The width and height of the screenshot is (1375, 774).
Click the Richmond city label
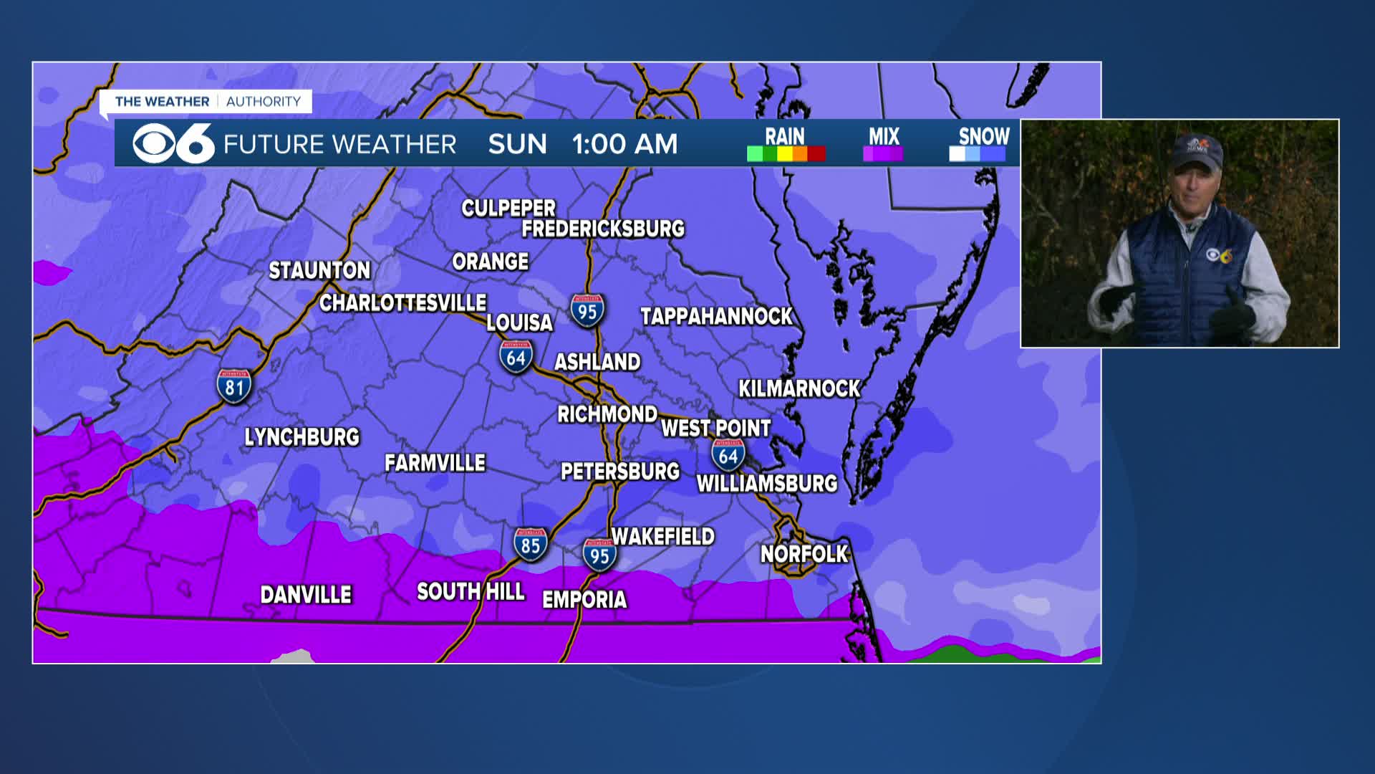coord(607,414)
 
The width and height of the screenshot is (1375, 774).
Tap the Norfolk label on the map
coord(804,554)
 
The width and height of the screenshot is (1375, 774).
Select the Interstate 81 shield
coord(234,386)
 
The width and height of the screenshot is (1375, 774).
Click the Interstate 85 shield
coord(530,545)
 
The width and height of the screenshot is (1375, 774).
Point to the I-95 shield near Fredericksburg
coord(587,311)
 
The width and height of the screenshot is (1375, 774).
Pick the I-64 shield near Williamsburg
coord(728,455)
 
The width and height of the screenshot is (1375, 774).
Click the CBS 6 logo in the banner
coord(173,144)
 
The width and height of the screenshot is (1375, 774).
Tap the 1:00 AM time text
coord(624,144)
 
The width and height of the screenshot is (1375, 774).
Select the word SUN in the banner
coord(517,144)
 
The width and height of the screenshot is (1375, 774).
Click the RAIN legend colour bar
coord(786,154)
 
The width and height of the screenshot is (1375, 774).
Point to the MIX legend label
coord(884,136)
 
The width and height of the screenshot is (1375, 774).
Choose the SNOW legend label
coord(983,136)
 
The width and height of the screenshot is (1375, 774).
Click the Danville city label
coord(306,595)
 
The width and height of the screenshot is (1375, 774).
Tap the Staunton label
coord(319,270)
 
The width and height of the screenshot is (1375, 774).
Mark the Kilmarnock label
coord(799,388)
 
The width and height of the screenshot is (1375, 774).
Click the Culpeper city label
coord(508,209)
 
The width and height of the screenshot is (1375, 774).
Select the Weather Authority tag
coord(207,102)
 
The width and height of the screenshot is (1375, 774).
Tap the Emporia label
coord(584,599)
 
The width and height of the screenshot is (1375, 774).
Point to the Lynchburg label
coord(301,437)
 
